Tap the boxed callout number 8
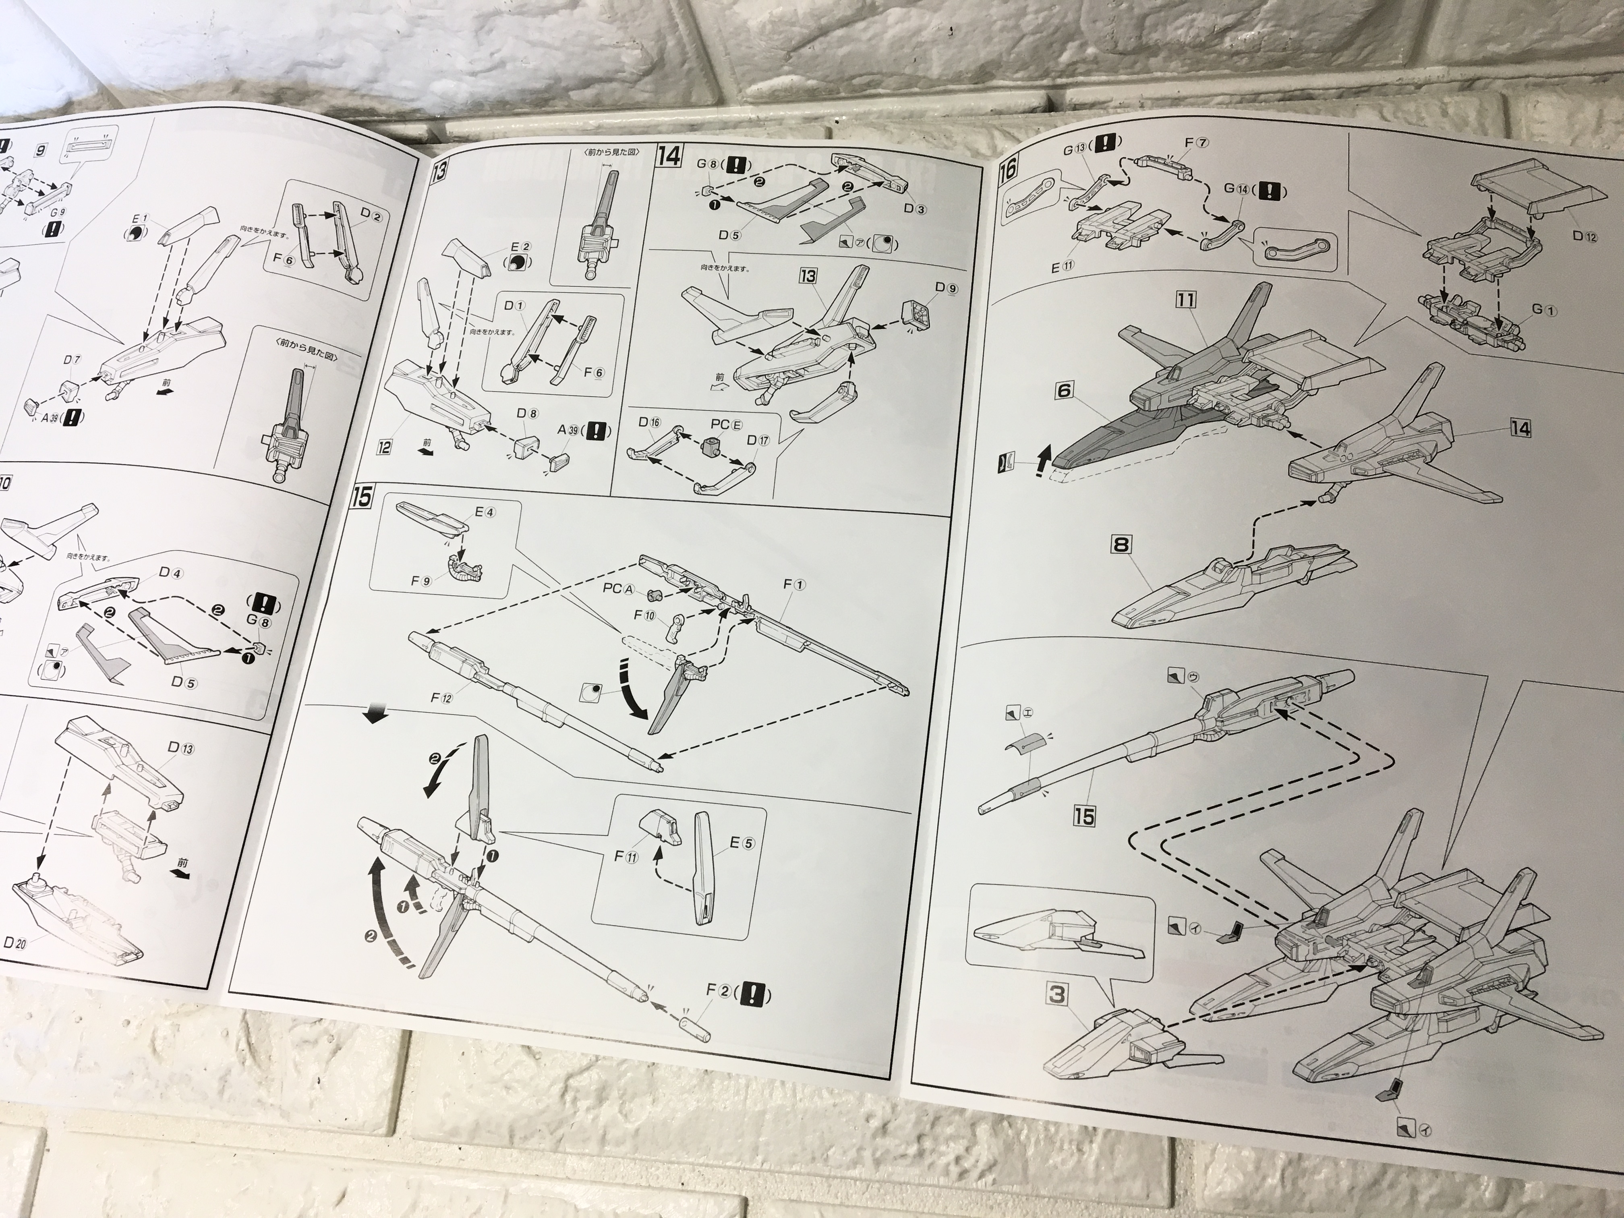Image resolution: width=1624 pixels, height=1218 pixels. point(1121,545)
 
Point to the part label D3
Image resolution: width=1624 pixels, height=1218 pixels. point(914,209)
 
